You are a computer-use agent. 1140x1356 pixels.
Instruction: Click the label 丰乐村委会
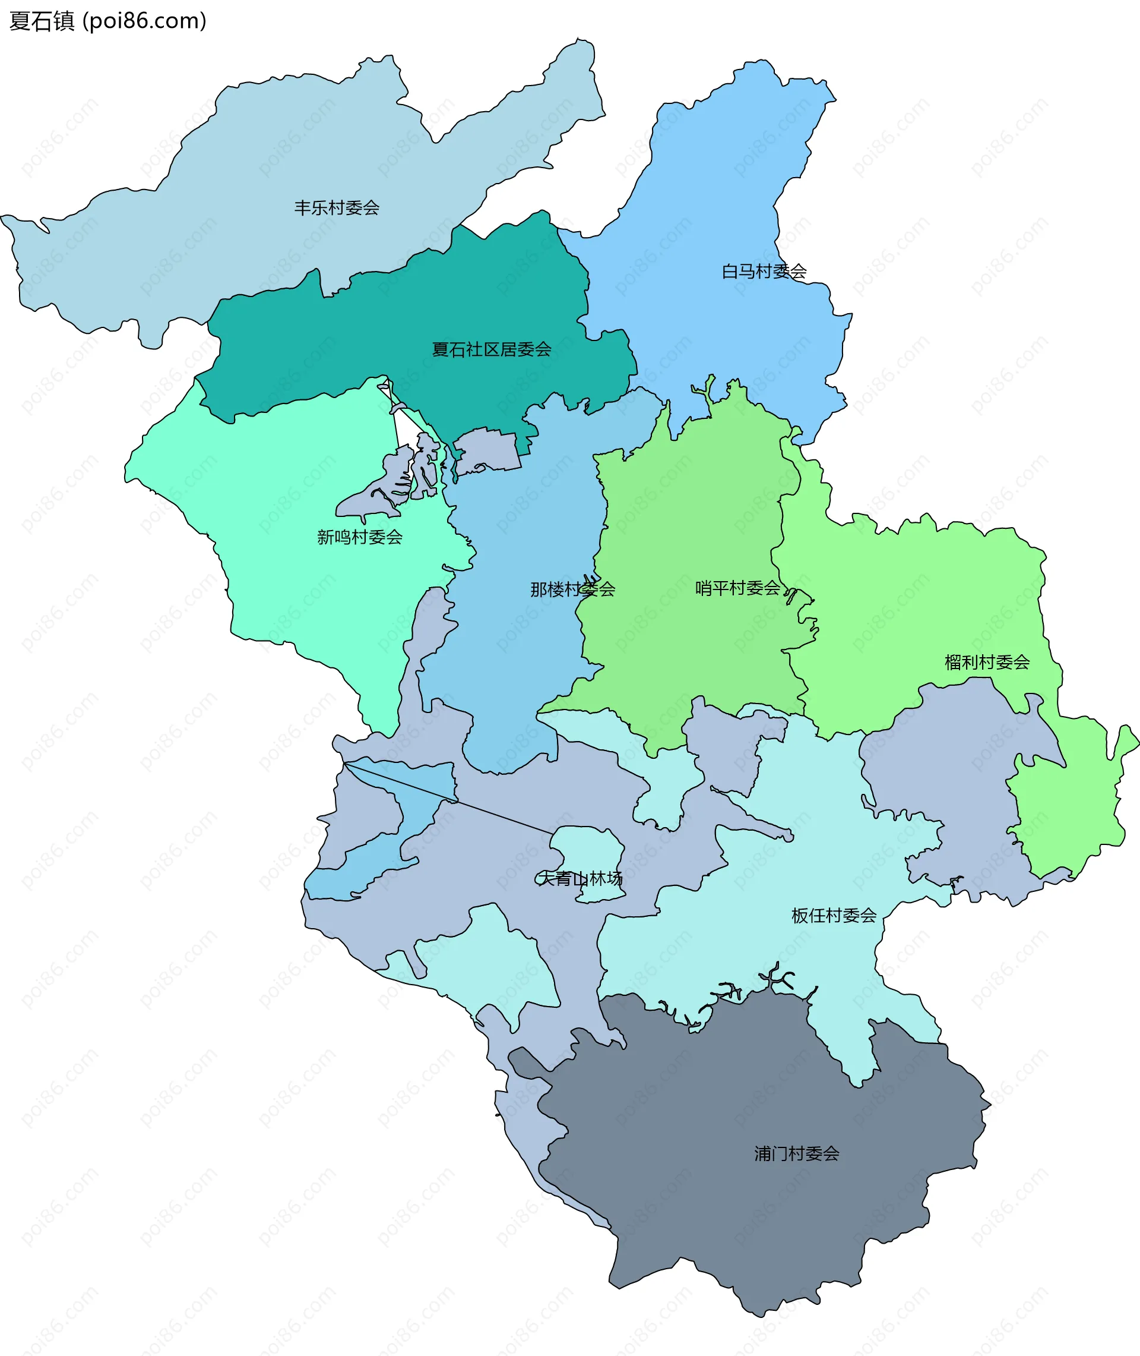point(336,208)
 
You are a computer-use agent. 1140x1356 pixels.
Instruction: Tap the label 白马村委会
point(764,272)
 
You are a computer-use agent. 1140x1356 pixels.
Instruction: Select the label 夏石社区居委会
point(491,350)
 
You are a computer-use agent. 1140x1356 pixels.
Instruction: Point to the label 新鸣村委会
point(359,537)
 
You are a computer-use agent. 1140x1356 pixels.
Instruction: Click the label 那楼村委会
point(572,589)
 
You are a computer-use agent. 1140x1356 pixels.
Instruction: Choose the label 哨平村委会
point(737,588)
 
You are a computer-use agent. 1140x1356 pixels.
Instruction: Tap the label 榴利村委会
point(987,662)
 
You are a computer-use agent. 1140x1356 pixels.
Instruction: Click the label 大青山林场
point(579,878)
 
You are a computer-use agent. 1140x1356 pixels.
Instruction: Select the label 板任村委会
point(834,915)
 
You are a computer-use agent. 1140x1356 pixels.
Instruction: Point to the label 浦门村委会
point(796,1153)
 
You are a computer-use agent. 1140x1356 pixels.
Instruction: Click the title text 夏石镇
point(42,21)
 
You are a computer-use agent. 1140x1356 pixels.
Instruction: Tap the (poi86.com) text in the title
point(145,21)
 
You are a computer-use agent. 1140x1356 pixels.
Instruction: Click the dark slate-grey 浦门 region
point(743,1229)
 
